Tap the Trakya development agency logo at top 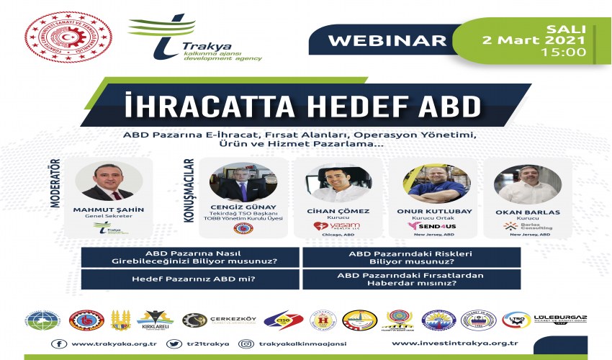(194, 39)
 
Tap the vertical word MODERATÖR (55, 184)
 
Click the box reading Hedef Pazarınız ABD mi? (191, 279)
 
